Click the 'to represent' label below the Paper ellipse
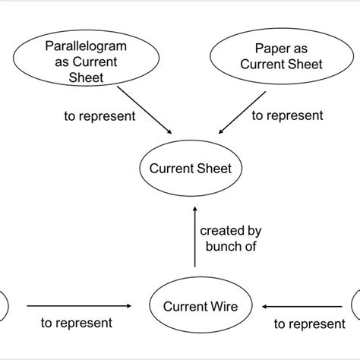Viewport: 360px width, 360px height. click(x=286, y=116)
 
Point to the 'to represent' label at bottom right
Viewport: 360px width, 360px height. click(x=308, y=324)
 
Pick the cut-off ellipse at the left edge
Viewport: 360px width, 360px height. click(x=4, y=307)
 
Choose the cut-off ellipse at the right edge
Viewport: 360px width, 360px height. click(x=355, y=307)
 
